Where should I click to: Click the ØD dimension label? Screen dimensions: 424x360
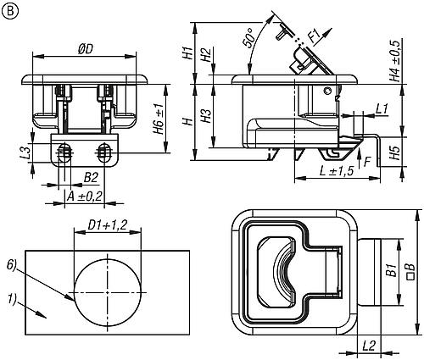pyautogui.click(x=86, y=49)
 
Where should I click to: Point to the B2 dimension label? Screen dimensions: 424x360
pyautogui.click(x=91, y=178)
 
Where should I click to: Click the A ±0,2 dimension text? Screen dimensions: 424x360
pyautogui.click(x=84, y=197)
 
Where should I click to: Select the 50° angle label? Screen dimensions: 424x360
pyautogui.click(x=248, y=41)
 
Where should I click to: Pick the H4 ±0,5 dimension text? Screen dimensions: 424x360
pyautogui.click(x=395, y=61)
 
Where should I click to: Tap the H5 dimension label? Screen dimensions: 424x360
pyautogui.click(x=395, y=152)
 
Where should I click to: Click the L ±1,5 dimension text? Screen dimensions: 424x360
pyautogui.click(x=337, y=171)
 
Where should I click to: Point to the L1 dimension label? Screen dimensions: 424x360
pyautogui.click(x=382, y=108)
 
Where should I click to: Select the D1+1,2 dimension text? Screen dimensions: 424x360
pyautogui.click(x=108, y=225)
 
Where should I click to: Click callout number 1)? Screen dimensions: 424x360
pyautogui.click(x=13, y=299)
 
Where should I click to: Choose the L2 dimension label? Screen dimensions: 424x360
pyautogui.click(x=369, y=346)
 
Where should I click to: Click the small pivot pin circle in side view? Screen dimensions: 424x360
pyautogui.click(x=327, y=91)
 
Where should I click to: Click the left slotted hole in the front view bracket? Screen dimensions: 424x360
pyautogui.click(x=64, y=152)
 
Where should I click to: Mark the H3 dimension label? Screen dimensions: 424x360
pyautogui.click(x=207, y=115)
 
